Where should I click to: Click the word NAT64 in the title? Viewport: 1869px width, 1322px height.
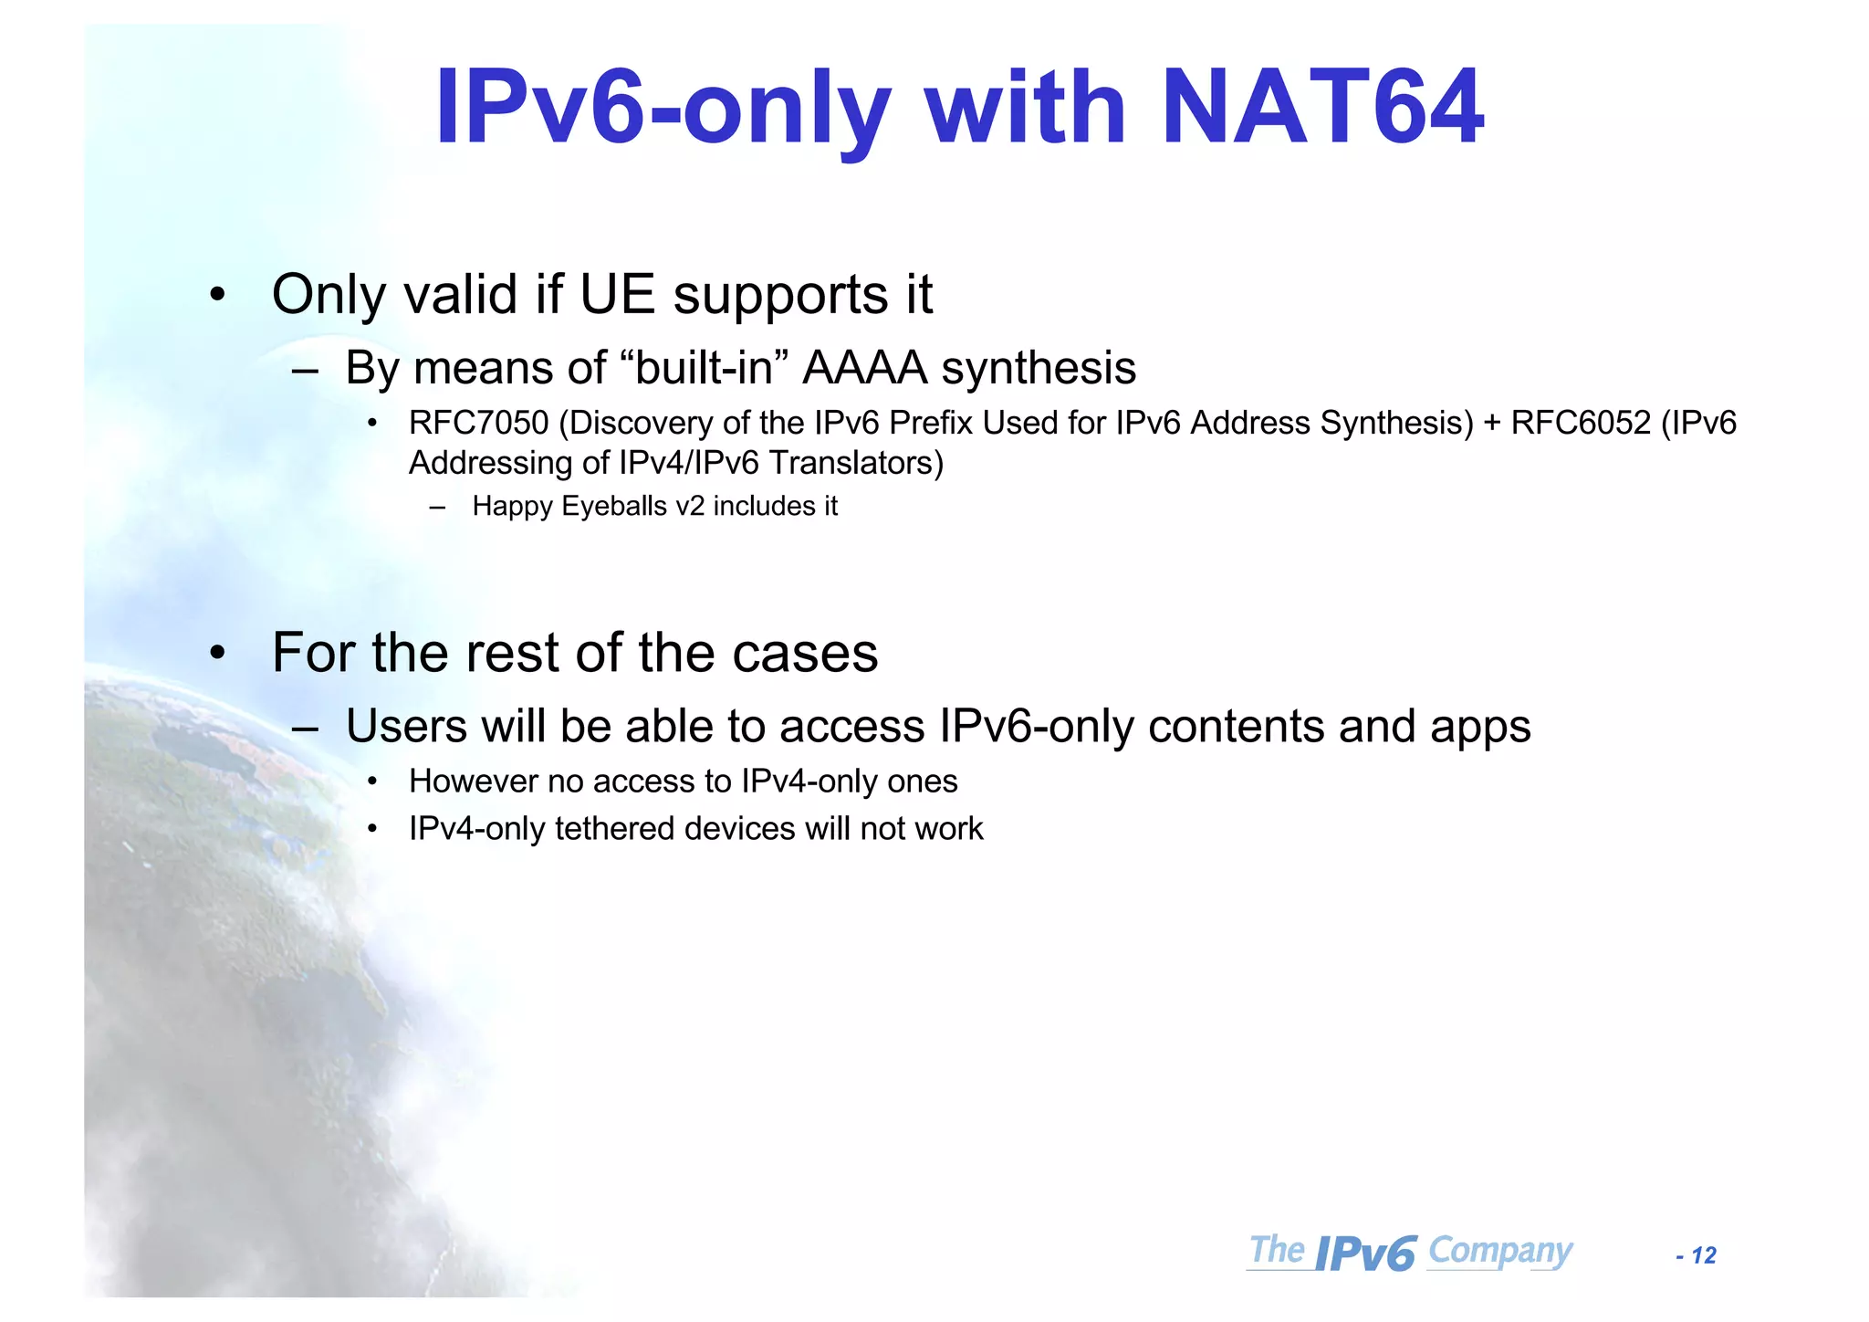[1322, 108]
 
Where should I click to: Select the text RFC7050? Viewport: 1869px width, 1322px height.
[478, 424]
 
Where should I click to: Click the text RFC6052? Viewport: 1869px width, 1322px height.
[1581, 424]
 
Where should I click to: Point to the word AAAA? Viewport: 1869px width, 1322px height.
[865, 369]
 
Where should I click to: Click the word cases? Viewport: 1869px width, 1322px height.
[805, 653]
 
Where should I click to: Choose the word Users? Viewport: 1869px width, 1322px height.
[406, 727]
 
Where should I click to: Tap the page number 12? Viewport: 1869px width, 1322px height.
[1703, 1256]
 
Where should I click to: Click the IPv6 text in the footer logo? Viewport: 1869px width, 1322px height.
[1366, 1254]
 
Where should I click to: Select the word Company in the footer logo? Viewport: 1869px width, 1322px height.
[1500, 1250]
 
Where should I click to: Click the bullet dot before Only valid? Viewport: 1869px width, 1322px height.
[216, 295]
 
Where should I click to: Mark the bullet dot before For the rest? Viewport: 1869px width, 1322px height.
[216, 653]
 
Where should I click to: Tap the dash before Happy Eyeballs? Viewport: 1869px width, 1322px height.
[437, 507]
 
